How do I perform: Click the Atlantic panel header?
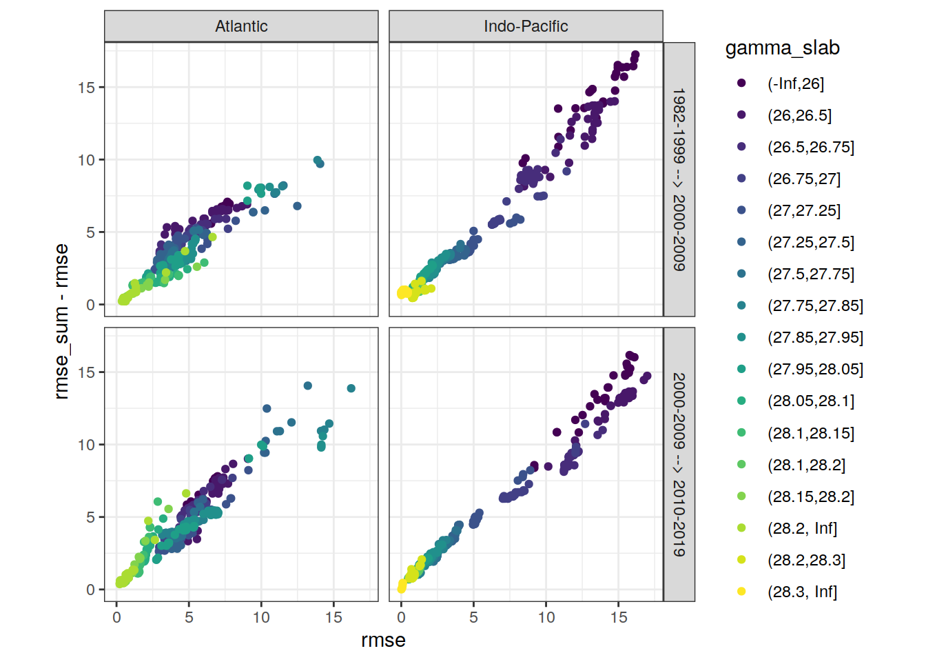click(x=241, y=26)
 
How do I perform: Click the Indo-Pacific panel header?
click(x=526, y=26)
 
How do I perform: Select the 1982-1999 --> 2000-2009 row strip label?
click(x=679, y=179)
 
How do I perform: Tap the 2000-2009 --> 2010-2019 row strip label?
click(x=679, y=464)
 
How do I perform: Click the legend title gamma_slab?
click(x=782, y=48)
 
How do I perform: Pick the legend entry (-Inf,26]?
click(x=796, y=83)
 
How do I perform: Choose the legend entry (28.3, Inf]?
click(x=802, y=592)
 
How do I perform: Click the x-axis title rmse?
click(x=383, y=641)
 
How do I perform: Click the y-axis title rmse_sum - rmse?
click(x=62, y=321)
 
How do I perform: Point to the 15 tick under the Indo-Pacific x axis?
click(x=619, y=617)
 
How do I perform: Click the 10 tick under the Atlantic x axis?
click(x=261, y=617)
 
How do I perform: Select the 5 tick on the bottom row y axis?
click(x=90, y=517)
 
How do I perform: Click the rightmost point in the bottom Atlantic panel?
click(x=351, y=388)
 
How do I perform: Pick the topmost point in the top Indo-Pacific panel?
click(x=635, y=54)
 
